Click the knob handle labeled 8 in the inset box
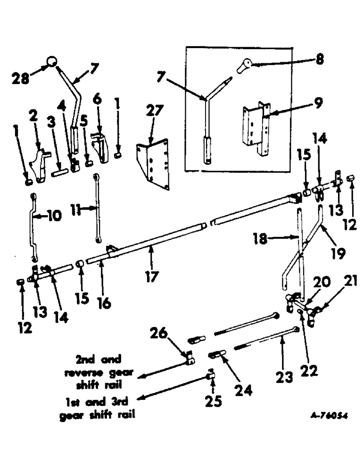245,66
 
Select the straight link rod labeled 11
96,208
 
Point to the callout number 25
213,401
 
